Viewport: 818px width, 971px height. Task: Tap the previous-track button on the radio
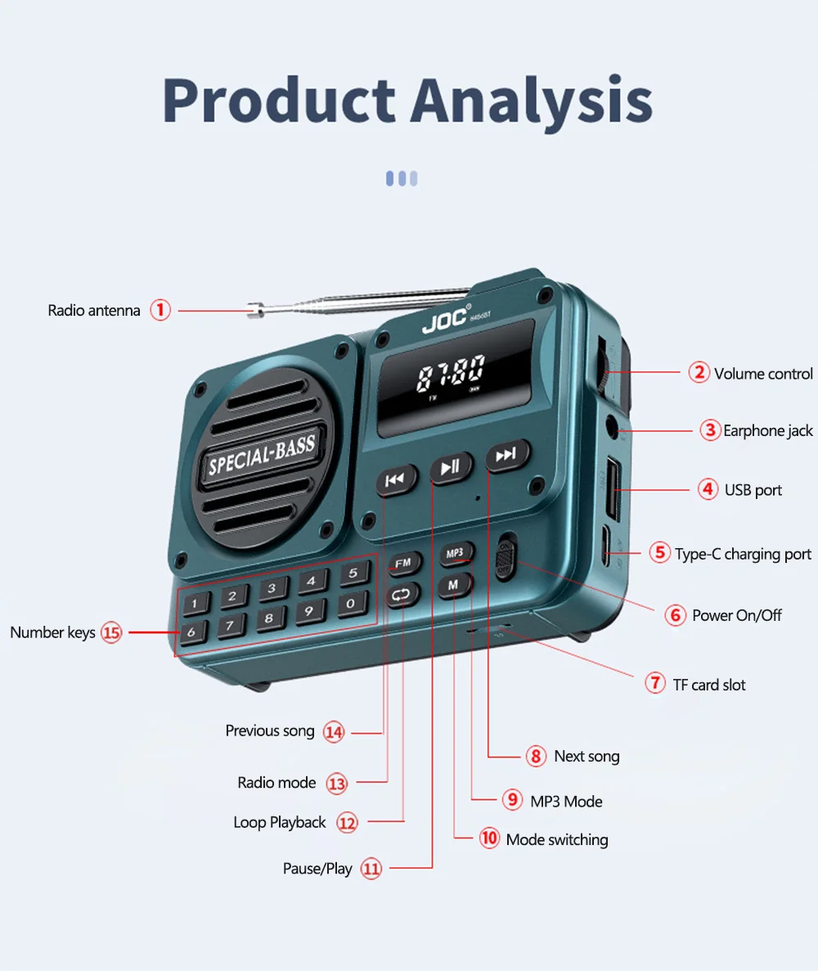395,479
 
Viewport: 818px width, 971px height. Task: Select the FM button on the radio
403,563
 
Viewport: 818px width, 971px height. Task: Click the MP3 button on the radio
455,554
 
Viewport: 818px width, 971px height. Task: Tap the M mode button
452,584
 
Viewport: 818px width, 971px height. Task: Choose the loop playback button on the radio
402,595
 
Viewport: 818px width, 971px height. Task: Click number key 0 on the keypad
351,604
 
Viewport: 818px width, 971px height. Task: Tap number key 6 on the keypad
192,631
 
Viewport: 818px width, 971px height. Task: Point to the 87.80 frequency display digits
450,375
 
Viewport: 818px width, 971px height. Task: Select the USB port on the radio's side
611,491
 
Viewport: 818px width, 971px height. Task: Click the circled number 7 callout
655,683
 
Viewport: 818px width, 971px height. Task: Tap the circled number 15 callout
111,632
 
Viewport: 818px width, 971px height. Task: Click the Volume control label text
763,374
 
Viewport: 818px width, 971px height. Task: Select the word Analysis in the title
533,101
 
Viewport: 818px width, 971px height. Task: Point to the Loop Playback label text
280,822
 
